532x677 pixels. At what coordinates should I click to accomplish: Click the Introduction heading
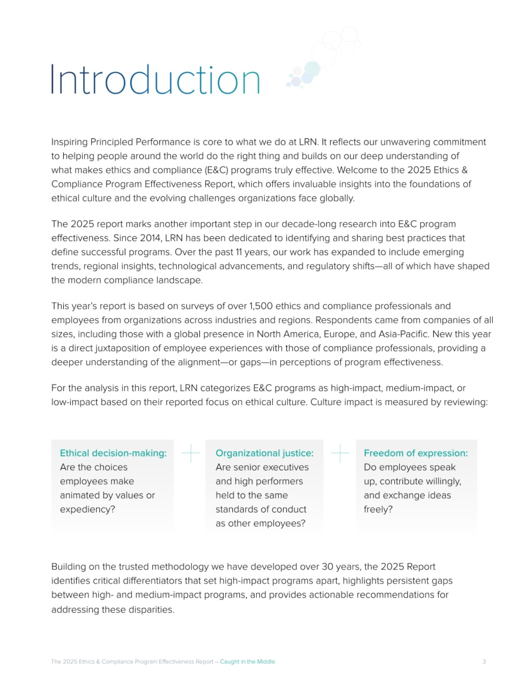[155, 79]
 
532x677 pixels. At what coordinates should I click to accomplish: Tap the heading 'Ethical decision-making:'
[113, 453]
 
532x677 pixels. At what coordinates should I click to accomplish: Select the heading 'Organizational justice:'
[264, 453]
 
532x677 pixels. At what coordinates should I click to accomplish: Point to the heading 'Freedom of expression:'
[415, 453]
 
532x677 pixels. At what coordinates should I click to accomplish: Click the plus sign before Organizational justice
[191, 453]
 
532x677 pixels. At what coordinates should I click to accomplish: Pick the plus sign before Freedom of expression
[340, 453]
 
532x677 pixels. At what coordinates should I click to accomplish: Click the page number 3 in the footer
[484, 661]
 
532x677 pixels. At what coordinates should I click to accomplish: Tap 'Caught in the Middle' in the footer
[247, 661]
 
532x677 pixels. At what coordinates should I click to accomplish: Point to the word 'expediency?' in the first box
[87, 509]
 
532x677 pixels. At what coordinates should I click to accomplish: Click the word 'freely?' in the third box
[378, 509]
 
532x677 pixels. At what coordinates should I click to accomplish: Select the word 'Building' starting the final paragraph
[69, 567]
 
